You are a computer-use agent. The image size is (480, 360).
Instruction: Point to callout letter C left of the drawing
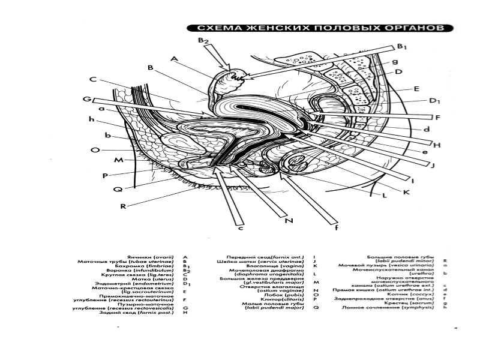94,79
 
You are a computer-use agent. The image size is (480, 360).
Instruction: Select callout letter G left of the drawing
86,99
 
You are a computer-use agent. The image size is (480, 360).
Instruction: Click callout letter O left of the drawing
94,151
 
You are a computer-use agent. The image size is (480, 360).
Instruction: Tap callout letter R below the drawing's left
122,206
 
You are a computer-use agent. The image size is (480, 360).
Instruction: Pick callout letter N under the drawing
288,221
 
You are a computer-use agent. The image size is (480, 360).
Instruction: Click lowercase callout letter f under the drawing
336,227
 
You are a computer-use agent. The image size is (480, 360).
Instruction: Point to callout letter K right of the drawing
406,192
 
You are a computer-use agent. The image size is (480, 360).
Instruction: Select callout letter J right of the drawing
432,166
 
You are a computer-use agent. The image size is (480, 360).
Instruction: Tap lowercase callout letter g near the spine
395,61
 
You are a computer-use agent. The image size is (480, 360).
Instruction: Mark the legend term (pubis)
296,293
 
